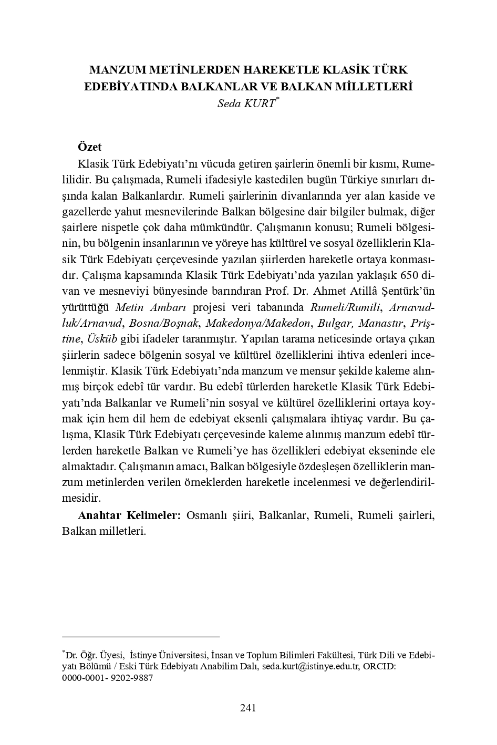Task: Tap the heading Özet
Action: (x=89, y=147)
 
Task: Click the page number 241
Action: (x=248, y=708)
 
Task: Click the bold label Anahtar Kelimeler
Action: (x=129, y=515)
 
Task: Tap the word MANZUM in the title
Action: (x=118, y=70)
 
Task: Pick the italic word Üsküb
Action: (x=102, y=338)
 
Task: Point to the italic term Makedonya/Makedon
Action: (x=258, y=323)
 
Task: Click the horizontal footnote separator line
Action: (x=140, y=637)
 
